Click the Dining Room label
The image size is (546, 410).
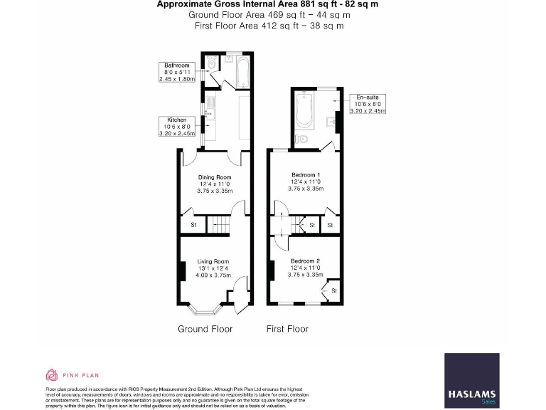coord(215,177)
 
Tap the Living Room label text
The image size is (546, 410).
coord(214,261)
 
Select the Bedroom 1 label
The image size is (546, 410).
coord(305,175)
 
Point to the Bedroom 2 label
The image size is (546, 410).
coord(305,261)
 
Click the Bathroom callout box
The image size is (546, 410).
coord(177,72)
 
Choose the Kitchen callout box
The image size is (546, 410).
coord(177,126)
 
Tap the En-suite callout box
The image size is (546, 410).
coord(369,104)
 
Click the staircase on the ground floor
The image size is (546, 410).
coord(220,226)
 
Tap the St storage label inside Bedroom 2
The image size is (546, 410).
coord(333,290)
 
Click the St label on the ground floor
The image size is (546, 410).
coord(193,226)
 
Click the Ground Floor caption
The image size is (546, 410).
coord(205,329)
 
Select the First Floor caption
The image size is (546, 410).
coord(287,329)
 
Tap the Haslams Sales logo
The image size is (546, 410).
coord(471,381)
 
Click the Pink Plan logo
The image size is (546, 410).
coord(72,374)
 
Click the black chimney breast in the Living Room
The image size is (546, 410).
coord(182,272)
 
